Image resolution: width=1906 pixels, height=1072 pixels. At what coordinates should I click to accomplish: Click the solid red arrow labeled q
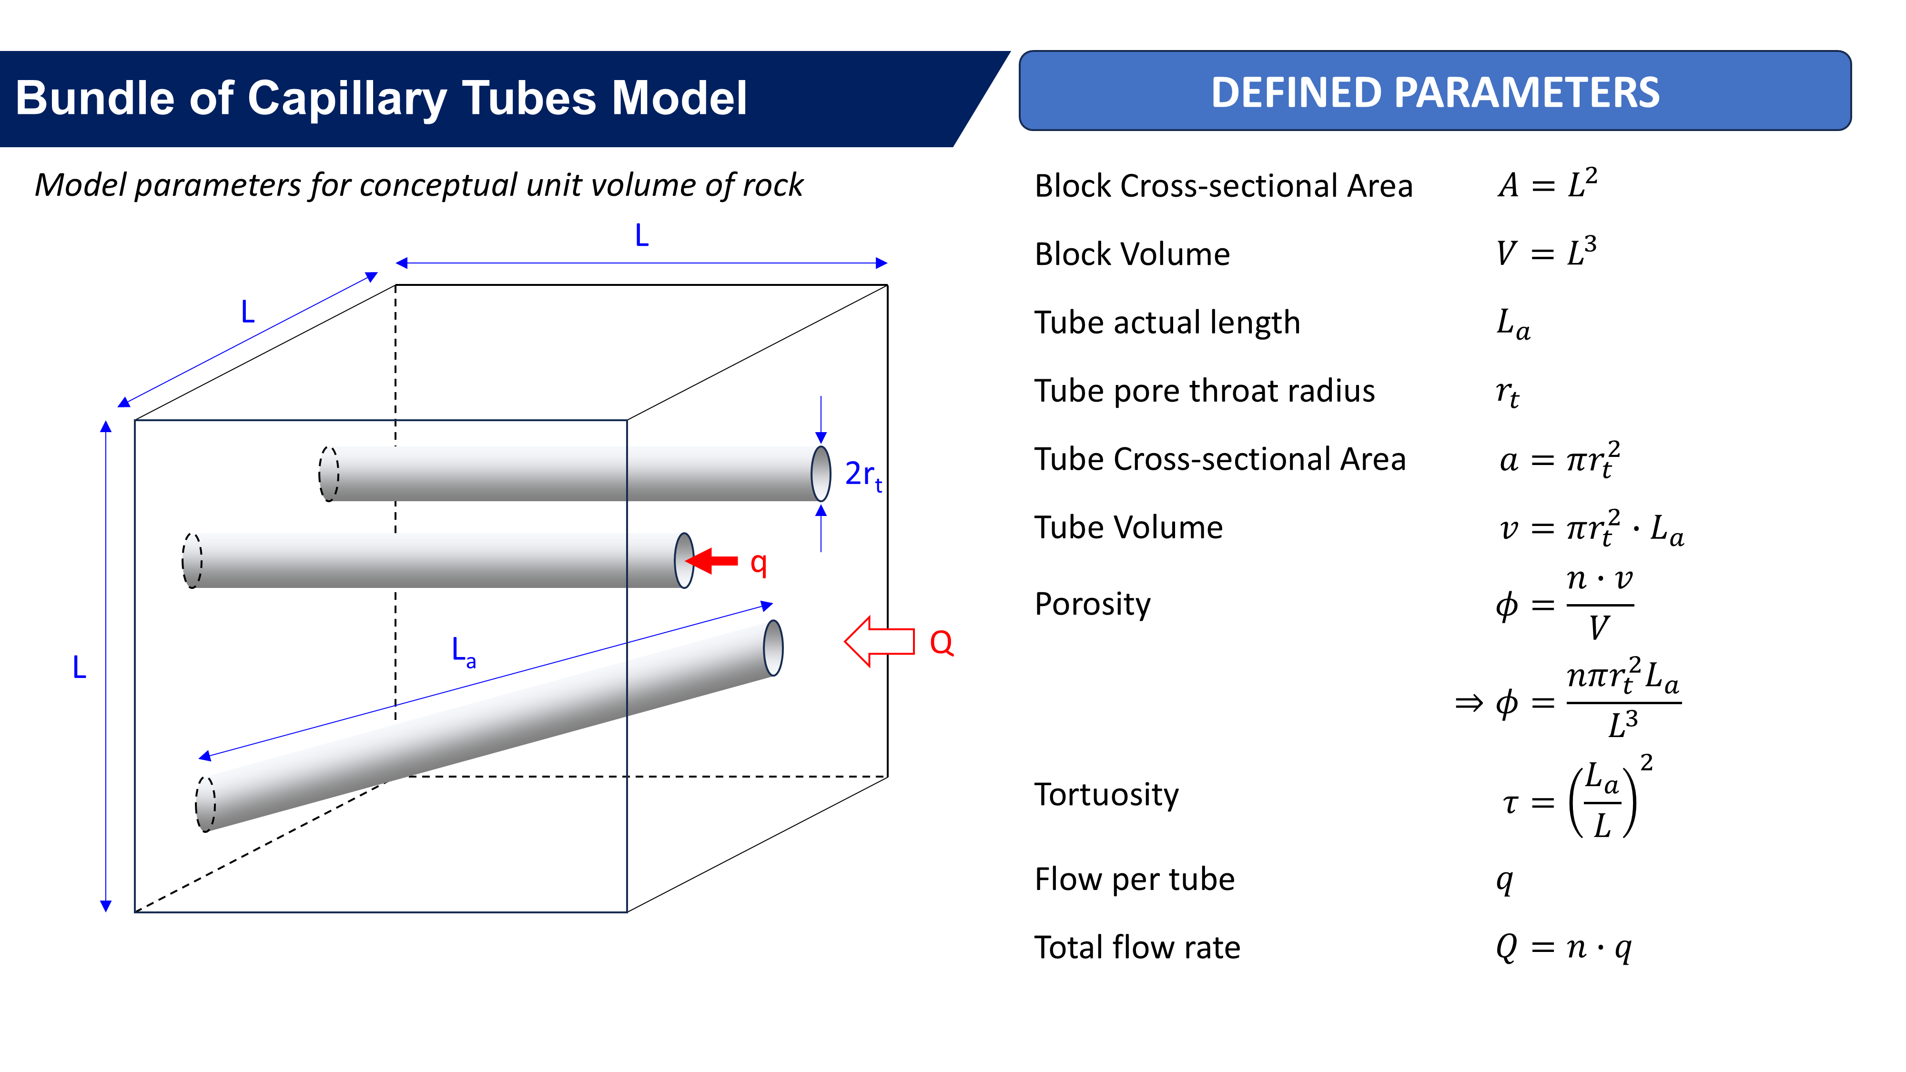click(x=713, y=561)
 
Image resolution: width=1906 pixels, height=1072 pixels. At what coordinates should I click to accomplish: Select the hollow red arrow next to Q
click(x=879, y=641)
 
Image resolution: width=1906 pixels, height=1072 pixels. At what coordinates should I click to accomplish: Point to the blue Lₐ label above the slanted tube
click(x=463, y=652)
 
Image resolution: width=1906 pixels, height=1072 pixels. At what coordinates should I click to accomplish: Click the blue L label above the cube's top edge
click(x=641, y=235)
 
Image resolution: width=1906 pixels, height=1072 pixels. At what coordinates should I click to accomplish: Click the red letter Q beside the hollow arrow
click(x=941, y=642)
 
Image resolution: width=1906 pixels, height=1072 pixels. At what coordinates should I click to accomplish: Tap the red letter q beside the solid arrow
click(x=759, y=563)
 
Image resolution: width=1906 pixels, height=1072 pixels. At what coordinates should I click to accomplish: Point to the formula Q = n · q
click(x=1563, y=947)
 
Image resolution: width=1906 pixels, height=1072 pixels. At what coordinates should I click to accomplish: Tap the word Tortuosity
click(x=1106, y=795)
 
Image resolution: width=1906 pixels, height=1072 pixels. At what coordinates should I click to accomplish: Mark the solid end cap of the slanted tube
click(x=773, y=648)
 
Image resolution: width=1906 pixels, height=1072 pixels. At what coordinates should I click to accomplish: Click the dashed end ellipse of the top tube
click(x=328, y=474)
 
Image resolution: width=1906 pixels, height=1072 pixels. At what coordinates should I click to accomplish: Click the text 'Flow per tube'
click(x=1134, y=879)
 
